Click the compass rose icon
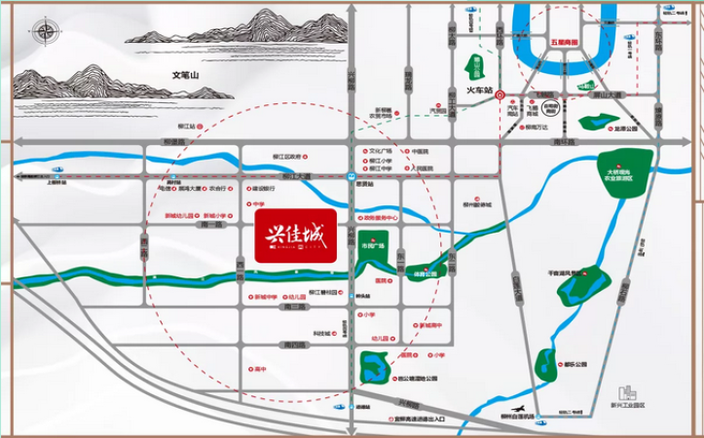(x=47, y=32)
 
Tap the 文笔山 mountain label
(x=185, y=75)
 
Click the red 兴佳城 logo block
(x=295, y=235)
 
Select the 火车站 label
(x=480, y=91)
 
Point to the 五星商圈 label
(x=563, y=44)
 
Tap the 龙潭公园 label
(x=623, y=128)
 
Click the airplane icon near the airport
(x=523, y=409)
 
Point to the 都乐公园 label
(x=574, y=364)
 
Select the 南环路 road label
(x=564, y=142)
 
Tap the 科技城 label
(x=320, y=334)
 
